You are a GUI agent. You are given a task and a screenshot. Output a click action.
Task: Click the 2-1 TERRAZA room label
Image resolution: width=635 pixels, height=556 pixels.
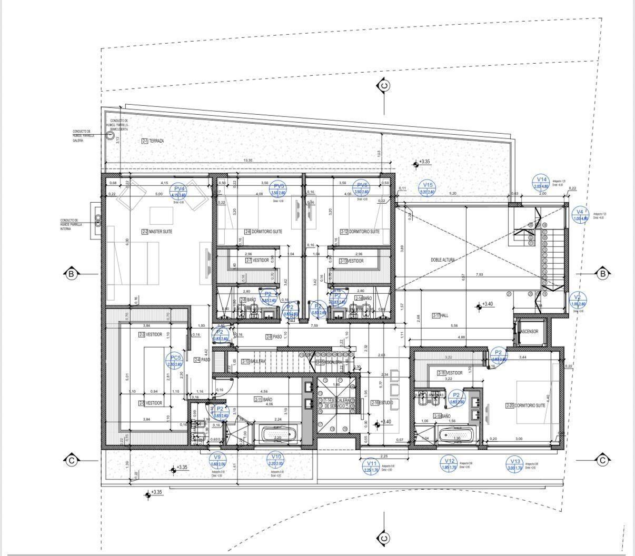click(153, 141)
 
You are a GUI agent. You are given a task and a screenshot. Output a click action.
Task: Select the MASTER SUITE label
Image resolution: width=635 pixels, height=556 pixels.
click(157, 232)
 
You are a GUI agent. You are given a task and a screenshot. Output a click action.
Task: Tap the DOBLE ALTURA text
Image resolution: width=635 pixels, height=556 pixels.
click(442, 260)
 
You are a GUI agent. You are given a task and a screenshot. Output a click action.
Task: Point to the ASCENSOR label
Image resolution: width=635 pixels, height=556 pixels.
click(528, 332)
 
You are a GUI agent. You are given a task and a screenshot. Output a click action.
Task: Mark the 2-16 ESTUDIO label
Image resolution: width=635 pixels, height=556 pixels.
click(382, 403)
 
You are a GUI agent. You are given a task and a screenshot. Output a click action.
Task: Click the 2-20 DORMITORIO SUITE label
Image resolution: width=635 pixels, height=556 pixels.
click(525, 405)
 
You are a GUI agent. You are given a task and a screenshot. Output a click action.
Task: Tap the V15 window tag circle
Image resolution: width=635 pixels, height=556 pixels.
click(428, 188)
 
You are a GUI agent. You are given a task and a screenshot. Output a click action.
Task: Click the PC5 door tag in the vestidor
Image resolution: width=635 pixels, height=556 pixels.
click(174, 361)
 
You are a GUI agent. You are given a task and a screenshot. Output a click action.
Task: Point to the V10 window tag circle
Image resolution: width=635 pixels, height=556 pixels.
click(274, 460)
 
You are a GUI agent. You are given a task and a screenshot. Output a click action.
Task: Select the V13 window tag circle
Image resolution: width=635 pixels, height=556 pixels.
click(514, 465)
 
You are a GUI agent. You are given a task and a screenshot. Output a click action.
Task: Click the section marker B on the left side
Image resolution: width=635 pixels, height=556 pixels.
click(71, 273)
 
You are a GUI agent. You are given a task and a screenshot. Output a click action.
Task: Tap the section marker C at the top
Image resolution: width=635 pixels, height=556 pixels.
click(384, 85)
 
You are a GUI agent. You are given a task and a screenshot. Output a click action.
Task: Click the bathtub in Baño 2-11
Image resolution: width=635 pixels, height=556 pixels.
click(279, 435)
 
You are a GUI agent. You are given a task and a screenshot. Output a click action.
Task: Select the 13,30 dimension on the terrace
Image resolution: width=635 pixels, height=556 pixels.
click(247, 161)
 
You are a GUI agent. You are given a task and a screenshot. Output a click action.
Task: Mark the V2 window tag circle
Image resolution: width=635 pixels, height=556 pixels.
click(578, 301)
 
